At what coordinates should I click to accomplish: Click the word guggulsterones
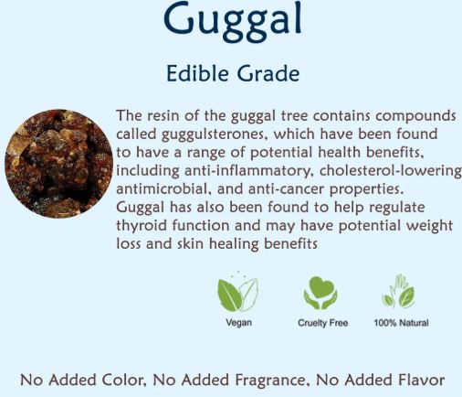coord(203,134)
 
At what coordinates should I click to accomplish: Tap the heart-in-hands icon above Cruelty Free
coord(320,293)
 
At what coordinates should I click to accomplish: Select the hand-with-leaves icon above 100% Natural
coord(398,292)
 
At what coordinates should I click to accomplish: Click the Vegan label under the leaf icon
coord(238,323)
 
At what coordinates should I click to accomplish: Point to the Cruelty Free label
coord(321,323)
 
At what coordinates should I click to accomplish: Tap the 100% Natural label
coord(401,323)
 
